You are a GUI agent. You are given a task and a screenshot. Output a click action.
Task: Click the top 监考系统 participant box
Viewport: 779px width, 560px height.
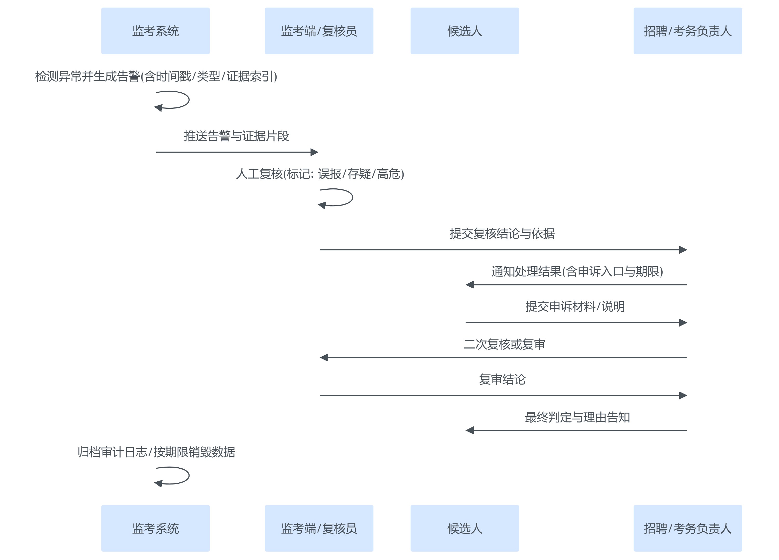coord(155,31)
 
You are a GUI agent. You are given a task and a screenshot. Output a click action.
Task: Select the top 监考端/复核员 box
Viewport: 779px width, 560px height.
coord(319,31)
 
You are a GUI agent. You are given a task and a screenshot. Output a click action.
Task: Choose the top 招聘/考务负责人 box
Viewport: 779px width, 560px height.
coord(687,31)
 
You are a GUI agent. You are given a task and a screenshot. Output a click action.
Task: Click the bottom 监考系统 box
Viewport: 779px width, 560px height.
coord(155,528)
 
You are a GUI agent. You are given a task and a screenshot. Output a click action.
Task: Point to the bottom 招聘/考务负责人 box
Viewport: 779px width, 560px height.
coord(687,528)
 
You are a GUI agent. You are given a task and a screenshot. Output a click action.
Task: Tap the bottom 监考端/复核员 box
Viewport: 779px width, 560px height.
coord(319,528)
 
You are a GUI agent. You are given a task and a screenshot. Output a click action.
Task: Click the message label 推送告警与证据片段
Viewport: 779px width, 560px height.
coord(236,136)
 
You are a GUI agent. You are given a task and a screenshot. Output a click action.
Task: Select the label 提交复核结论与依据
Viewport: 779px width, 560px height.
coord(502,234)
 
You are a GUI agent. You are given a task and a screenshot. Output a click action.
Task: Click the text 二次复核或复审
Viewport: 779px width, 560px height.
coord(504,344)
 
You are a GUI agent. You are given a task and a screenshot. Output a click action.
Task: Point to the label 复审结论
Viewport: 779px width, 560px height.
coord(502,379)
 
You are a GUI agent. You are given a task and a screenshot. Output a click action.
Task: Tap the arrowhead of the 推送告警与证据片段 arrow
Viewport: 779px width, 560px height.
coord(314,152)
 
